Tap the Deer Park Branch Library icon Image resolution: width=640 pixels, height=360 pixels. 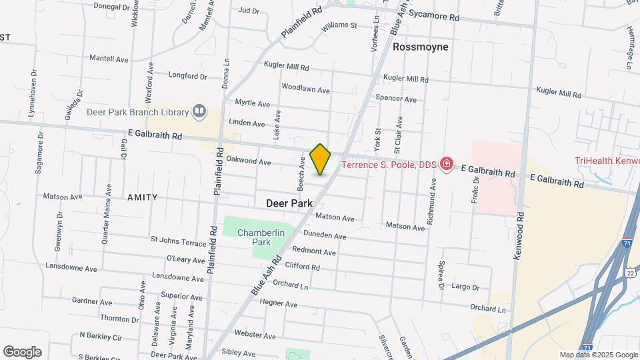pos(199,111)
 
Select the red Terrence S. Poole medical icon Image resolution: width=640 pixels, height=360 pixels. pos(446,164)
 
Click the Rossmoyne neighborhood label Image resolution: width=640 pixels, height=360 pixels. pos(420,47)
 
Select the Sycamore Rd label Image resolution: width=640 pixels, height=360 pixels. pos(435,15)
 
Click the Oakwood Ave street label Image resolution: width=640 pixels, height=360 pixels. pos(249,161)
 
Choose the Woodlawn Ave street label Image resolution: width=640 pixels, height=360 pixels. pos(305,89)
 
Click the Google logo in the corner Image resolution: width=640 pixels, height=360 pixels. pos(22,351)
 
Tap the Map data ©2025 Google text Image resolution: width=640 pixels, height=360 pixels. pos(598,355)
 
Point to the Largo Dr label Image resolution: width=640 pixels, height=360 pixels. pos(465,287)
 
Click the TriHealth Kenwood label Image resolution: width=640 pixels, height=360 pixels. pos(607,161)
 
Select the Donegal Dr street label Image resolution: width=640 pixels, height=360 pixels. pos(111,6)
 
